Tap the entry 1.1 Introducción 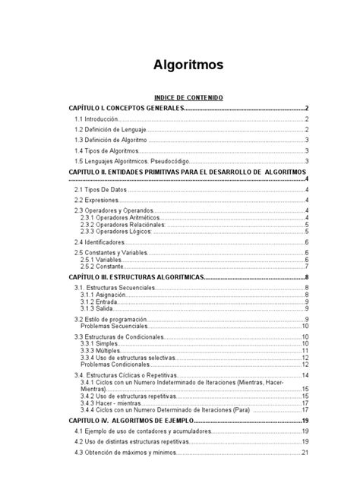coord(96,119)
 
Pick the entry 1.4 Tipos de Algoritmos coord(106,150)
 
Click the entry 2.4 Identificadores coord(100,242)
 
